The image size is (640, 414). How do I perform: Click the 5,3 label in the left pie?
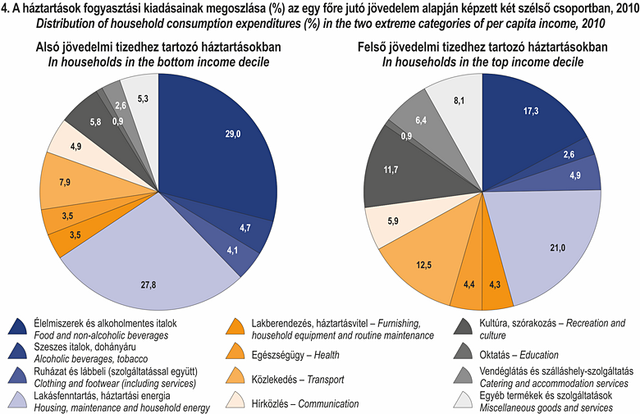pyautogui.click(x=144, y=99)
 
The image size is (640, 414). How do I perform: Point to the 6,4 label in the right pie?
pyautogui.click(x=421, y=121)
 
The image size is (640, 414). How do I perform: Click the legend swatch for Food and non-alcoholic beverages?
pyautogui.click(x=17, y=325)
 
